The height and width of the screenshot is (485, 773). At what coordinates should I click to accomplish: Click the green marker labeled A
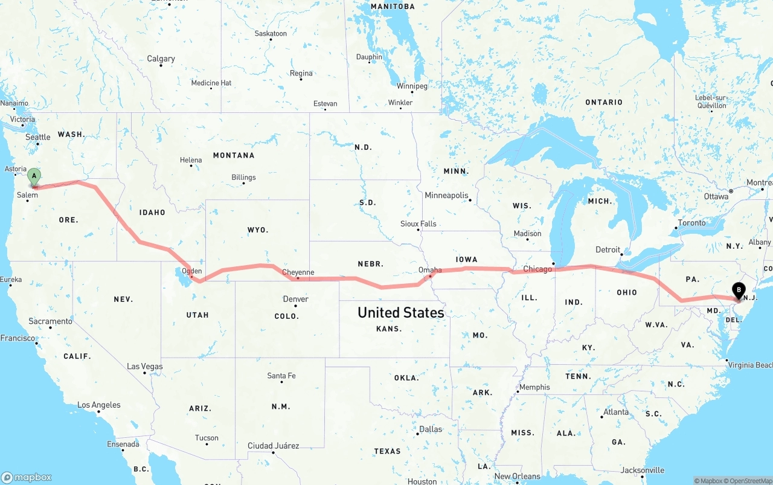pyautogui.click(x=34, y=177)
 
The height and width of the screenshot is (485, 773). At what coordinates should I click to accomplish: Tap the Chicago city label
pyautogui.click(x=537, y=269)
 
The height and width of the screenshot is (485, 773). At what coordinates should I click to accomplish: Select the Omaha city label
pyautogui.click(x=430, y=270)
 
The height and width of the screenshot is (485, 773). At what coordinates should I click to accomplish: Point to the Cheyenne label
pyautogui.click(x=298, y=272)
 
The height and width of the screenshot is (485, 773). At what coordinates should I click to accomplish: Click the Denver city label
pyautogui.click(x=295, y=299)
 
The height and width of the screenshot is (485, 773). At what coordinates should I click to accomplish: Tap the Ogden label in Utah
pyautogui.click(x=192, y=271)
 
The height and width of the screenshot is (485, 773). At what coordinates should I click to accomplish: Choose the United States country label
pyautogui.click(x=401, y=312)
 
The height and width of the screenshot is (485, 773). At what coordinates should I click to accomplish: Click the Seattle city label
pyautogui.click(x=37, y=137)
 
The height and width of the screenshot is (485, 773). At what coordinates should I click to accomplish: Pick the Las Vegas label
pyautogui.click(x=145, y=366)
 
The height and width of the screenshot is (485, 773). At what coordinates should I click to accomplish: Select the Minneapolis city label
pyautogui.click(x=446, y=195)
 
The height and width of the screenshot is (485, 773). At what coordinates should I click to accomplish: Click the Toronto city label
pyautogui.click(x=691, y=223)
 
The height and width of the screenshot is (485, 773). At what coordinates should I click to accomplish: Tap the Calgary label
pyautogui.click(x=161, y=59)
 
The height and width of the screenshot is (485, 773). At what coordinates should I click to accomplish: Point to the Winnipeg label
pyautogui.click(x=412, y=86)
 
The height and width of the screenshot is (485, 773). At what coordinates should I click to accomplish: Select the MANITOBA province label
pyautogui.click(x=393, y=7)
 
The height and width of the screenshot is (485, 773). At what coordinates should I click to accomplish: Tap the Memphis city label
pyautogui.click(x=534, y=387)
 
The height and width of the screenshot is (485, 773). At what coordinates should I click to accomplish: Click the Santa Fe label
pyautogui.click(x=281, y=376)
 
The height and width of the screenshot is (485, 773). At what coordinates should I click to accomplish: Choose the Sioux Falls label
pyautogui.click(x=418, y=223)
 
